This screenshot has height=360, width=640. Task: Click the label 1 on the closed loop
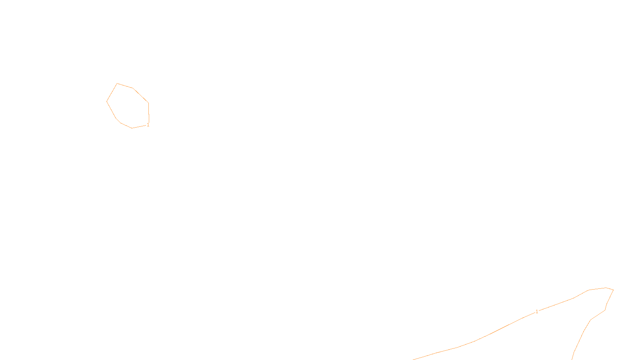tap(148, 125)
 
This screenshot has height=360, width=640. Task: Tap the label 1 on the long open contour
tap(537, 312)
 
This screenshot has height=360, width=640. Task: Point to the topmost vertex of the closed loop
tap(117, 84)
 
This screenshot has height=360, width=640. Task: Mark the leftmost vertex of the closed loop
tap(107, 101)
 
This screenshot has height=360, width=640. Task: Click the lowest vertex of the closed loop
tap(132, 128)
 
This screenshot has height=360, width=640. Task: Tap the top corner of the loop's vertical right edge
tap(148, 103)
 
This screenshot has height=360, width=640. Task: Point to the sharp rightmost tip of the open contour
tap(613, 290)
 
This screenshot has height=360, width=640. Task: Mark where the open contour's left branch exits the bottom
tap(413, 359)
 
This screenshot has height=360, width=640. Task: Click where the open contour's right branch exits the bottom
tap(572, 359)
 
